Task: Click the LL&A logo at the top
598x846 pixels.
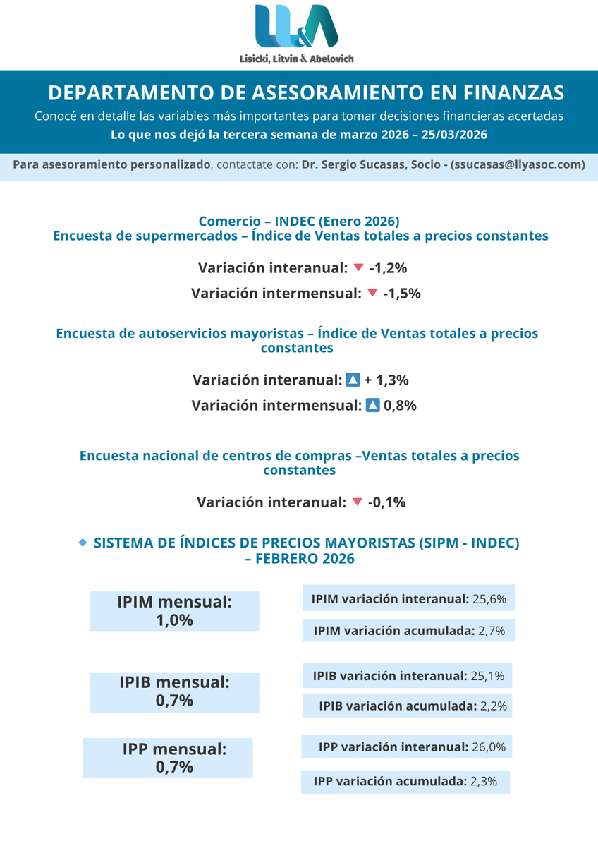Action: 297,27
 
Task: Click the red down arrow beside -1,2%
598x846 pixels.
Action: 358,267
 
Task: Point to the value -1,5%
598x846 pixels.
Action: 402,293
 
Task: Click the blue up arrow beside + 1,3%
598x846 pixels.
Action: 353,380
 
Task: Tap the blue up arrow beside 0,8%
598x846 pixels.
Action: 373,405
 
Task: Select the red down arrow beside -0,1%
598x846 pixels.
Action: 357,502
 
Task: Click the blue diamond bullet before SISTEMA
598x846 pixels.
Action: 83,542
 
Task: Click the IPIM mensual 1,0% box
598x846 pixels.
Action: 174,611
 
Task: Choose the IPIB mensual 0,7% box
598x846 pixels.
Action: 174,692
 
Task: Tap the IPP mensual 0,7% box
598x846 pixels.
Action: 168,758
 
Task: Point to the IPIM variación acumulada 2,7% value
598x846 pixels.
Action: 492,631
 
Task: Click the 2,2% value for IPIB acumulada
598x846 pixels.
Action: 492,706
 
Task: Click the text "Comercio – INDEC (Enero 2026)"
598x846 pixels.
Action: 300,221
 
